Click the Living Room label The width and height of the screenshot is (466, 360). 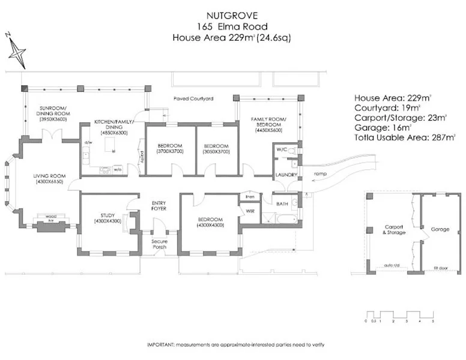tap(49, 178)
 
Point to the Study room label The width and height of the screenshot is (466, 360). tap(108, 218)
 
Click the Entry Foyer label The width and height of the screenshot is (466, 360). tap(159, 206)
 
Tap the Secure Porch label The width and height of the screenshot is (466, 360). tap(160, 244)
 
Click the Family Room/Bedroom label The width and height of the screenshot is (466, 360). tap(268, 124)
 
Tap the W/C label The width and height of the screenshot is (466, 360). tap(281, 149)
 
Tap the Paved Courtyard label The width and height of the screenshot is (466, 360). tap(193, 98)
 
